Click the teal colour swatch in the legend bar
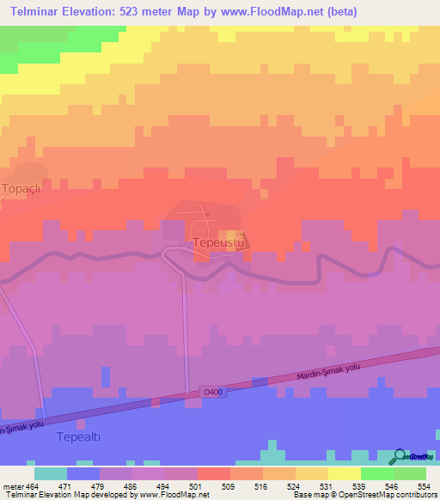[50, 473]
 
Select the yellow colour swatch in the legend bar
[344, 473]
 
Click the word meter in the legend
[14, 485]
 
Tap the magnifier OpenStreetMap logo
[400, 456]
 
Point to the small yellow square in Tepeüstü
[229, 235]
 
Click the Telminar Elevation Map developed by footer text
[69, 495]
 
